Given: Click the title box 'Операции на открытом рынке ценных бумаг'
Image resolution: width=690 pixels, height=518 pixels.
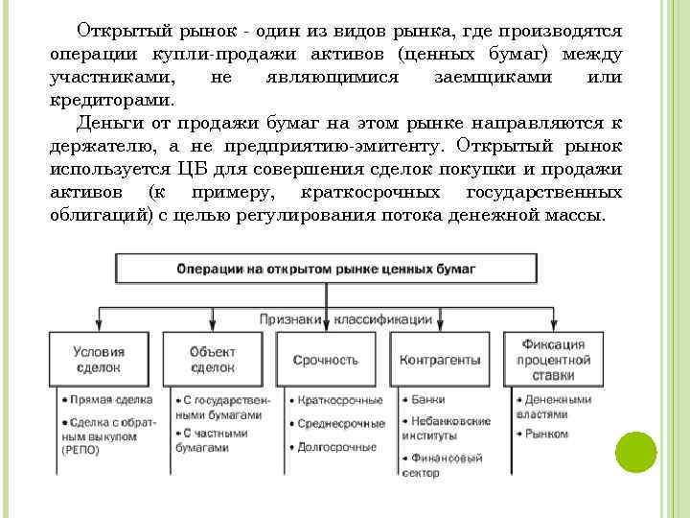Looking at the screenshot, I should [x=326, y=270].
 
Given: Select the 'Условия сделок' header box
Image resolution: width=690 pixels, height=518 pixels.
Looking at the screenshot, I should [x=99, y=359].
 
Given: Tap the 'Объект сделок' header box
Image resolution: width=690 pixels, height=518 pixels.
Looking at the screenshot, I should [x=213, y=359].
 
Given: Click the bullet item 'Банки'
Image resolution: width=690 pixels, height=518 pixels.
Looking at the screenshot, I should [x=421, y=398].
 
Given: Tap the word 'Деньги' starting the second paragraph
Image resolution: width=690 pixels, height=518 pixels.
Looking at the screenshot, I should [x=108, y=123].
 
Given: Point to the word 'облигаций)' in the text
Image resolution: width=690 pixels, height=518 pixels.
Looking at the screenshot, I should [x=97, y=215].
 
